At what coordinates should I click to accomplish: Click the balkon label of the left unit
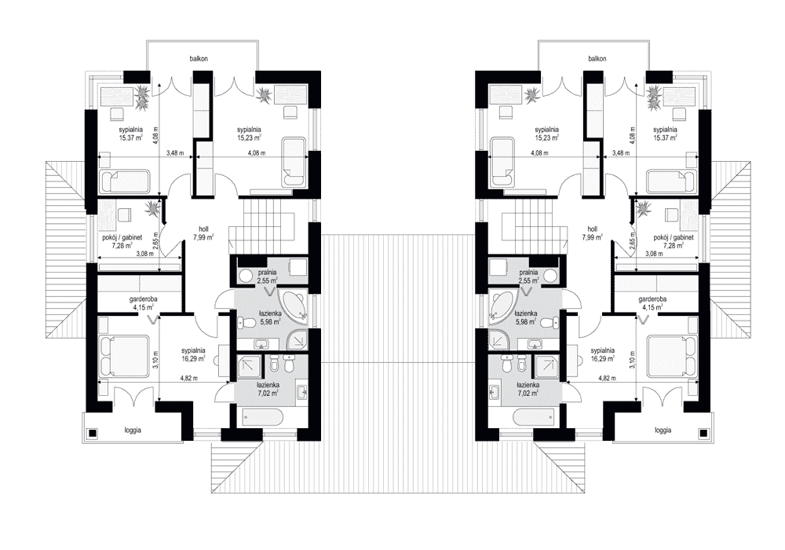click(x=199, y=59)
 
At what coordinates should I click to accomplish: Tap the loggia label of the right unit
click(x=663, y=430)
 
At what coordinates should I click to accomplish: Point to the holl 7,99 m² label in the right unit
click(x=592, y=233)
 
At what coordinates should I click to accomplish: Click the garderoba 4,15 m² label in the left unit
click(x=143, y=303)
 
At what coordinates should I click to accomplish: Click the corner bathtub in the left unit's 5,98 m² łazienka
click(x=295, y=305)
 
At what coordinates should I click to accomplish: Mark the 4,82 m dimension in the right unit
click(x=607, y=378)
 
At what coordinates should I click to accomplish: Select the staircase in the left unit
click(x=262, y=225)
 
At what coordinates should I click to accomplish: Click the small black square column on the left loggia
click(x=93, y=433)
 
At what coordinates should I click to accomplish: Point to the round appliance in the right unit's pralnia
click(x=550, y=276)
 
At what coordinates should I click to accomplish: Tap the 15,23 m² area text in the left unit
click(x=250, y=137)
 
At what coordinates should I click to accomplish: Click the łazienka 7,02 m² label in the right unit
click(x=528, y=389)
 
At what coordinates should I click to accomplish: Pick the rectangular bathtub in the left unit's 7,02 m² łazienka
click(x=263, y=416)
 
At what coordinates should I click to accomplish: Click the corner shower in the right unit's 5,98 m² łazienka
click(x=499, y=341)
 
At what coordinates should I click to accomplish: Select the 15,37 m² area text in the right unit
click(x=665, y=137)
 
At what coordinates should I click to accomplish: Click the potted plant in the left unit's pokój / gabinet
click(x=151, y=208)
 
